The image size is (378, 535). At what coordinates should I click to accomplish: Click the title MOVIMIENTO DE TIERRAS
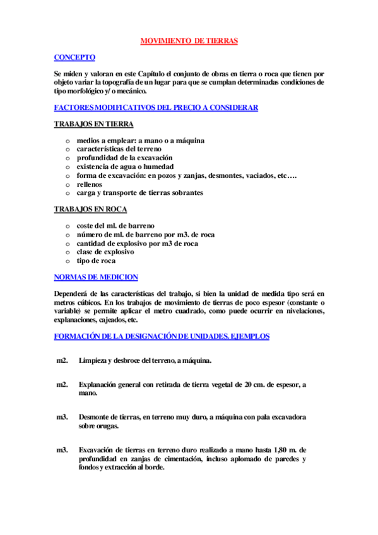pyautogui.click(x=188, y=41)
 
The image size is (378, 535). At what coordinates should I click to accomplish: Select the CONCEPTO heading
pyautogui.click(x=74, y=57)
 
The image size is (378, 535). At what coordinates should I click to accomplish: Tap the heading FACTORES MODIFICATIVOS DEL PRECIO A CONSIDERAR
pyautogui.click(x=156, y=108)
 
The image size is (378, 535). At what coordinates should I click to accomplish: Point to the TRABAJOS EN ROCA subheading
pyautogui.click(x=91, y=209)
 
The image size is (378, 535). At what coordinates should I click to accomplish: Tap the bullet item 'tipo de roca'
pyautogui.click(x=96, y=261)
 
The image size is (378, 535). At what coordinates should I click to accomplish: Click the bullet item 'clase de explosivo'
pyautogui.click(x=105, y=252)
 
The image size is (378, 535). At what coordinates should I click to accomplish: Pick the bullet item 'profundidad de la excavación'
pyautogui.click(x=124, y=158)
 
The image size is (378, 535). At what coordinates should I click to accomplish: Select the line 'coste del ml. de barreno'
pyautogui.click(x=115, y=225)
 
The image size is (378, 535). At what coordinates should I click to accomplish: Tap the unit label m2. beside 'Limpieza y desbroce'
pyautogui.click(x=62, y=360)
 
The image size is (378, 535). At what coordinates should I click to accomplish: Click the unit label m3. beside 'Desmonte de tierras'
pyautogui.click(x=62, y=417)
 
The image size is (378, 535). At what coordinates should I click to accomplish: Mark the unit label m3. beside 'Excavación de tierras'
pyautogui.click(x=62, y=450)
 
